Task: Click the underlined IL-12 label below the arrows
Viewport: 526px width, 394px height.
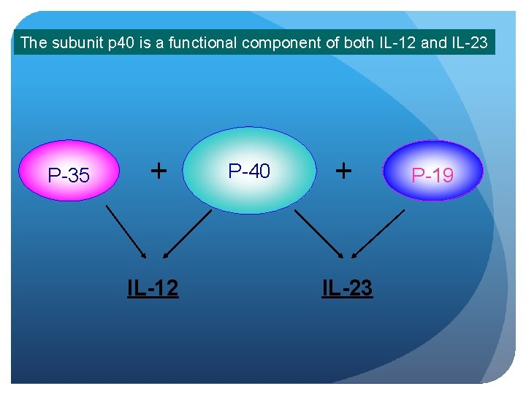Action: click(x=153, y=288)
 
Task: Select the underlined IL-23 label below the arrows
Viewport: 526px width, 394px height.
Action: click(x=348, y=288)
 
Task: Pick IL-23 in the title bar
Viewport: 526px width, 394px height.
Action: click(x=468, y=42)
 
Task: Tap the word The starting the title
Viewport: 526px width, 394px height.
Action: click(x=34, y=42)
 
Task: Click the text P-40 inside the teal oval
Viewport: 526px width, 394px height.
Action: click(x=249, y=171)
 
